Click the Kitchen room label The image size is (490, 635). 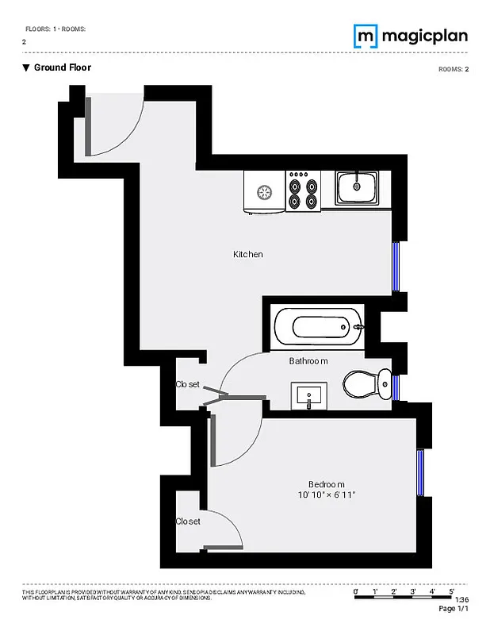point(247,255)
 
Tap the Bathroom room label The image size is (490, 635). point(308,361)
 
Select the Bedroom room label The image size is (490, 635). point(326,484)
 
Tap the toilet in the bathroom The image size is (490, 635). point(367,385)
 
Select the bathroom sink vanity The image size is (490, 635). point(308,394)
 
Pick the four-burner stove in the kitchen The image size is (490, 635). point(302,191)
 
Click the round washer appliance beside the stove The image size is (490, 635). point(262,191)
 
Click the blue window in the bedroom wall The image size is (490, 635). point(421,473)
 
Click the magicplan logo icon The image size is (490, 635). point(365,36)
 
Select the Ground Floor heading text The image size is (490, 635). point(62,67)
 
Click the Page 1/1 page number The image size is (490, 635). point(454,609)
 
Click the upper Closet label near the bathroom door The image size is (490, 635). point(188,384)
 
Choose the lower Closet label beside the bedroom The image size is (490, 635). point(188,521)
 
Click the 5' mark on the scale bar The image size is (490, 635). point(451,591)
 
